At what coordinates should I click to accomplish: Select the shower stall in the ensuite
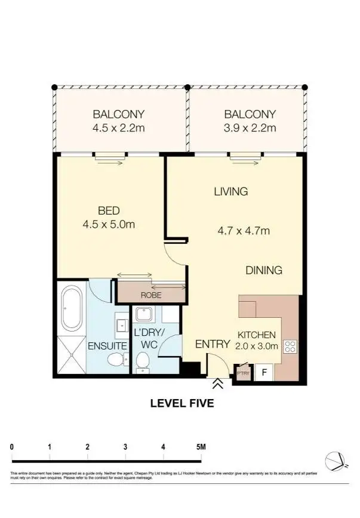pyautogui.click(x=72, y=355)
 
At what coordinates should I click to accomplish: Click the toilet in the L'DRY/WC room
pyautogui.click(x=142, y=360)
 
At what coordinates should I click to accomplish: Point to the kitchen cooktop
pyautogui.click(x=290, y=346)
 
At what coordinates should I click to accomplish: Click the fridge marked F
pyautogui.click(x=263, y=373)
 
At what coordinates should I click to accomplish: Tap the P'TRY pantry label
pyautogui.click(x=243, y=374)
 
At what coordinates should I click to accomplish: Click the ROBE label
pyautogui.click(x=150, y=295)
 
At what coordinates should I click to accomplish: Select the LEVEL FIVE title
pyautogui.click(x=181, y=403)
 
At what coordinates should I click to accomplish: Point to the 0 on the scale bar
pyautogui.click(x=13, y=446)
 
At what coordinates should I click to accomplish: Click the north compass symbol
pyautogui.click(x=334, y=461)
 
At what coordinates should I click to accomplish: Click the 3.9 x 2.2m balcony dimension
pyautogui.click(x=250, y=128)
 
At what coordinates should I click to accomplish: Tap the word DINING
pyautogui.click(x=264, y=271)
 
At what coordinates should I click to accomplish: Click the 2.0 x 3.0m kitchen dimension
pyautogui.click(x=256, y=347)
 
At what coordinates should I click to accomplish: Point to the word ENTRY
pyautogui.click(x=213, y=344)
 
